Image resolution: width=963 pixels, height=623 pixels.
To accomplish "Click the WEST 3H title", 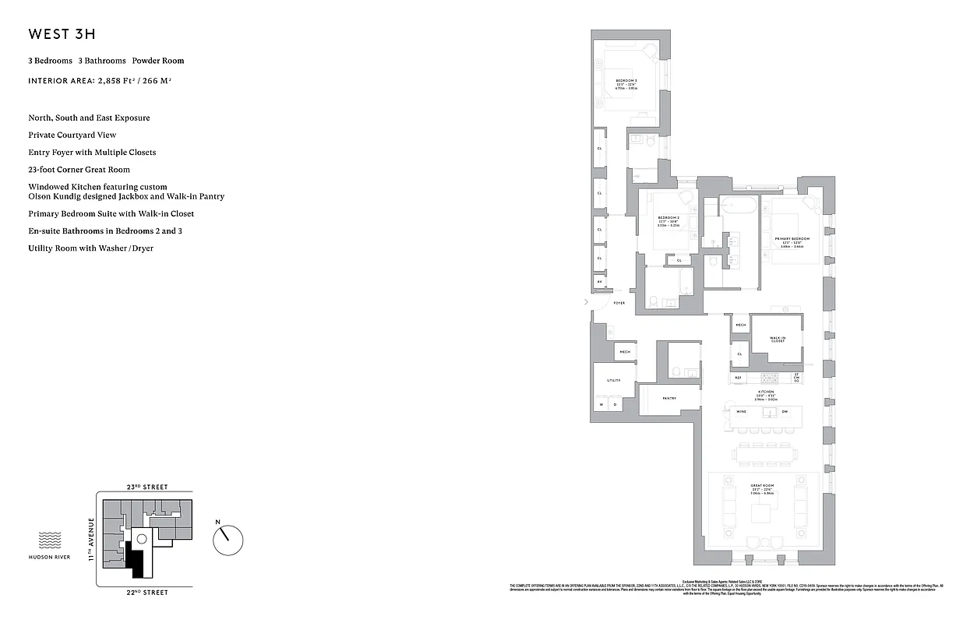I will pos(62,34).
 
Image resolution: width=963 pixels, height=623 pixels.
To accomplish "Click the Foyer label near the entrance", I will pos(619,303).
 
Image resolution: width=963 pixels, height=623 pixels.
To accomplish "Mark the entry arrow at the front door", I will pos(587,301).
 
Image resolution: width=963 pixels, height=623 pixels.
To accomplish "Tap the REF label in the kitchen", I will pos(738,378).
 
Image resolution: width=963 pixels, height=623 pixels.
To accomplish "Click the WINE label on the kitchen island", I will pos(741,412).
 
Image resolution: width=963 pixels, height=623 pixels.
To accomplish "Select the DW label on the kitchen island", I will pos(785,412).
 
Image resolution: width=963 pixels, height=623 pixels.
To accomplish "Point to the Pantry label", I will pos(669,398).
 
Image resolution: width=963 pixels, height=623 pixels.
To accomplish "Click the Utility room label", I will pos(614,380).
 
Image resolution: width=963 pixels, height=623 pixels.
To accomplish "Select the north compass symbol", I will pos(228,538).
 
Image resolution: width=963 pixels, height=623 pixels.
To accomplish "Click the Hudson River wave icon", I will pos(51,540).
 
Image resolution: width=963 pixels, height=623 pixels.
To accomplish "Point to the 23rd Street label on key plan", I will pos(146,487).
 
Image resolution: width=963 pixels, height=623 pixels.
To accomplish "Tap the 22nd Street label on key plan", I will pos(146,593).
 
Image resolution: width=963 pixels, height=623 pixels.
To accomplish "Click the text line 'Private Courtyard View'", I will pos(72,135).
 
